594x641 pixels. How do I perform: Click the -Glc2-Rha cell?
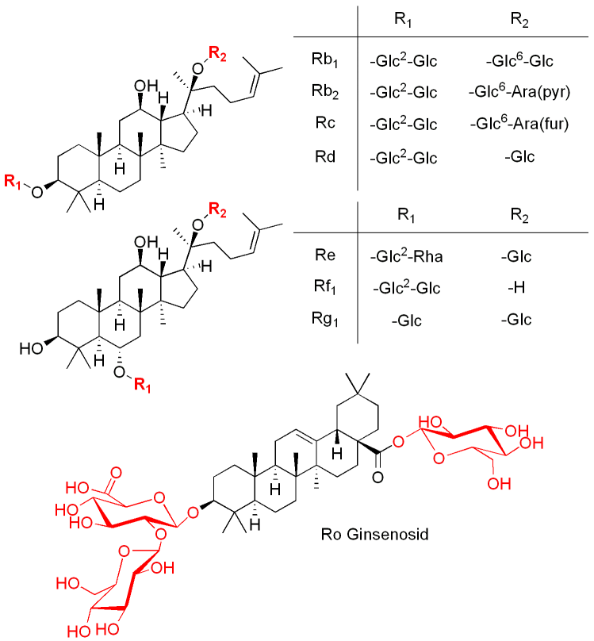coord(403,257)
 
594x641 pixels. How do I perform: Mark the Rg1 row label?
coord(321,319)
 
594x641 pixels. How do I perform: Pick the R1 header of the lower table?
coord(404,215)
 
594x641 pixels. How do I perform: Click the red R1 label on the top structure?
coord(13,182)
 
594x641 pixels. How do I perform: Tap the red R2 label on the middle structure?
coord(215,209)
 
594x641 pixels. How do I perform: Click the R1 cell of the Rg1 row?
coord(404,320)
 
